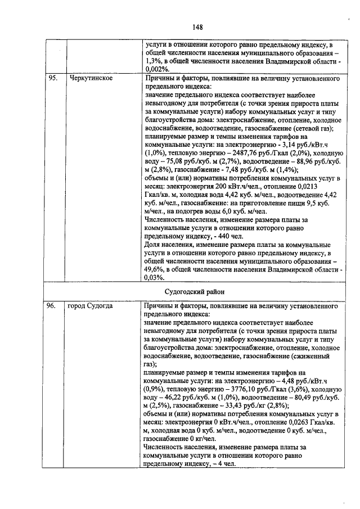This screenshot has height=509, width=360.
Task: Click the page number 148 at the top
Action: pyautogui.click(x=197, y=27)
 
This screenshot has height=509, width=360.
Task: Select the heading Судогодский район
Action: pyautogui.click(x=194, y=292)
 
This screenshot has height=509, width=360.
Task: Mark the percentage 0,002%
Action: pyautogui.click(x=156, y=69)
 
